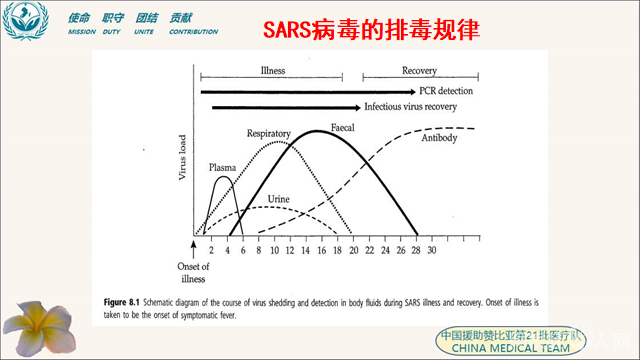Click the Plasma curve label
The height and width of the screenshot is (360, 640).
pyautogui.click(x=222, y=168)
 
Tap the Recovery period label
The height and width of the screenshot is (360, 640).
pyautogui.click(x=419, y=71)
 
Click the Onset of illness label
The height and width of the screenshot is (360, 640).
pyautogui.click(x=193, y=272)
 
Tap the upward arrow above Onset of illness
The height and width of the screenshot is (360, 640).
pyautogui.click(x=194, y=246)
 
